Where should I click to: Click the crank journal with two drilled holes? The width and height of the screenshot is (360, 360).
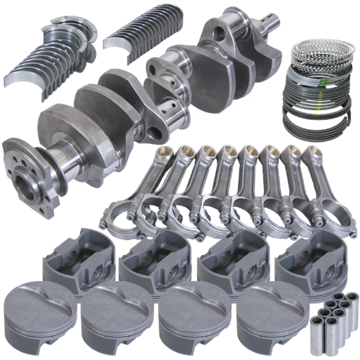click(170, 106)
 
